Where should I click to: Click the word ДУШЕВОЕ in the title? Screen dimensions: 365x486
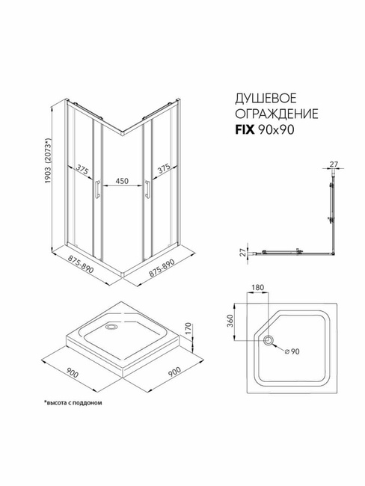point(266,98)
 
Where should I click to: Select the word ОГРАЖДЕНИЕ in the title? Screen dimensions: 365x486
point(277,114)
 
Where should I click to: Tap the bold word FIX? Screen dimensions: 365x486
point(245,130)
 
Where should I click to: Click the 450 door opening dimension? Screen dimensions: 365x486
point(122,181)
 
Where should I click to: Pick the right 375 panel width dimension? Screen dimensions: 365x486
point(164,169)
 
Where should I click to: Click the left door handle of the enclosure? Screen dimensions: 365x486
point(97,189)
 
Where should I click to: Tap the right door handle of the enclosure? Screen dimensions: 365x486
point(147,189)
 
